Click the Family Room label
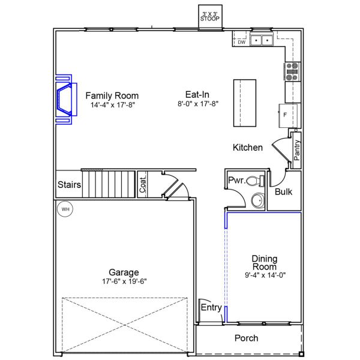click(112, 96)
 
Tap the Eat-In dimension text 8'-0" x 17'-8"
click(197, 104)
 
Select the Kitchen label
click(248, 147)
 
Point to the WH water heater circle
click(64, 209)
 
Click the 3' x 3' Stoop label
click(210, 16)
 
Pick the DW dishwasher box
click(241, 42)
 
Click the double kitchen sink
click(262, 40)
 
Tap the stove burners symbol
click(293, 71)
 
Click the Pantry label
click(297, 149)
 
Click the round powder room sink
click(257, 200)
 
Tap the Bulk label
click(283, 192)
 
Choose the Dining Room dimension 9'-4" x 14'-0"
click(264, 276)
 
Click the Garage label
click(124, 272)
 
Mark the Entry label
click(211, 308)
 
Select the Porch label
click(246, 338)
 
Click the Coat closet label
click(143, 184)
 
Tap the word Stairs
click(69, 185)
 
